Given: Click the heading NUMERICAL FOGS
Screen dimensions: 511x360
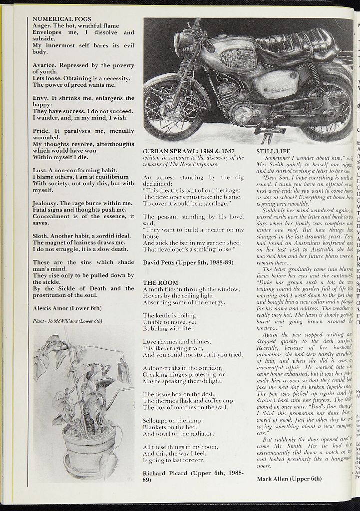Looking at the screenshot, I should tap(62, 19).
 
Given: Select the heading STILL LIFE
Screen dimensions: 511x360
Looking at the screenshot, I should tap(273, 151).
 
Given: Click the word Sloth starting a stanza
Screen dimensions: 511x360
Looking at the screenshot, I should tap(40, 236).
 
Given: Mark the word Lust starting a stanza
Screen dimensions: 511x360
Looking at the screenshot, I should tap(39, 170).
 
